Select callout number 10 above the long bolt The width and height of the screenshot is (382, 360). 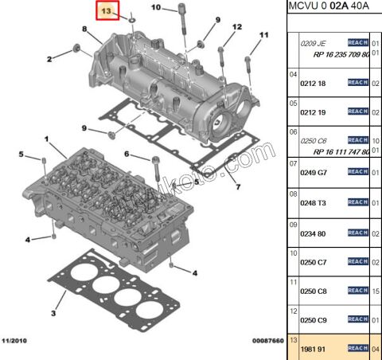coord(156,8)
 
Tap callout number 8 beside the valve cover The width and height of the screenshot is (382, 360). coord(85,29)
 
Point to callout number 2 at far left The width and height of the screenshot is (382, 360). coord(49,59)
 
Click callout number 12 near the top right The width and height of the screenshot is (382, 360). coord(236,27)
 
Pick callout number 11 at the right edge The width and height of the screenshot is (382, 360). coord(264,35)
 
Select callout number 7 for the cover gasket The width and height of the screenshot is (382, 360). coord(236,187)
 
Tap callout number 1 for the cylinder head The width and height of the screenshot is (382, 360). coord(49,140)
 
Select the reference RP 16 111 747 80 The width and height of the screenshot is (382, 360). coord(329,151)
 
